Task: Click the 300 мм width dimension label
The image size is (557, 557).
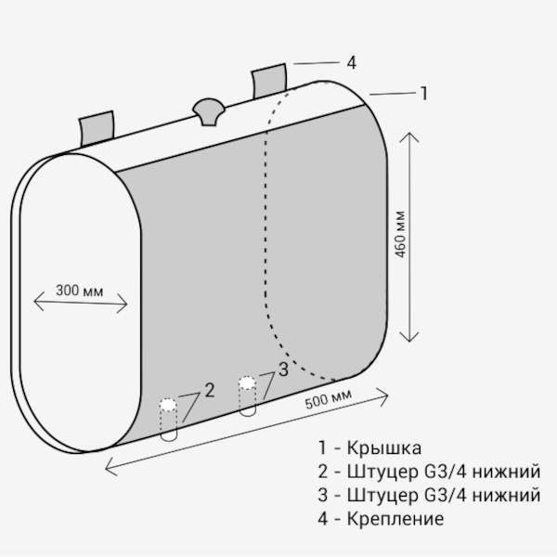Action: pyautogui.click(x=80, y=288)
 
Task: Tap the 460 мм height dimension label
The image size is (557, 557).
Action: pyautogui.click(x=400, y=238)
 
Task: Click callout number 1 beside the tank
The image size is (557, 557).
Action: pyautogui.click(x=424, y=93)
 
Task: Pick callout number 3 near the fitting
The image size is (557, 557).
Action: pyautogui.click(x=283, y=368)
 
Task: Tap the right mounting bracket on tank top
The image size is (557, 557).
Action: pyautogui.click(x=270, y=81)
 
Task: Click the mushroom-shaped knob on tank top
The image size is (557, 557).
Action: pyautogui.click(x=206, y=110)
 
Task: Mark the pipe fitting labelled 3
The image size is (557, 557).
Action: pyautogui.click(x=247, y=395)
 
